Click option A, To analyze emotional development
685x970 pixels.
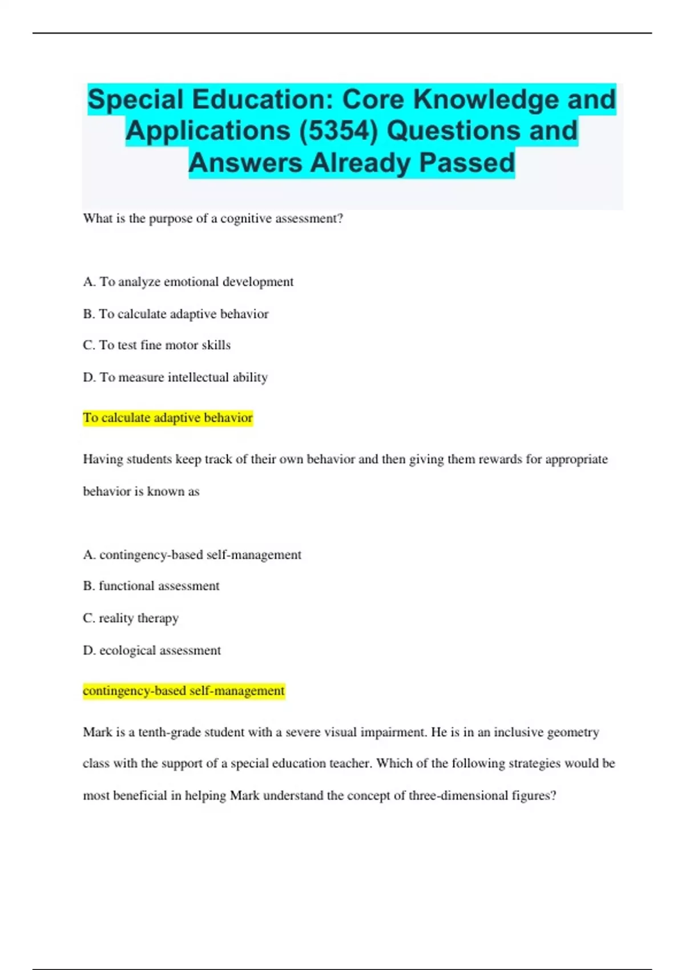pyautogui.click(x=188, y=282)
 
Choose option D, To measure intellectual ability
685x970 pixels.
pyautogui.click(x=175, y=377)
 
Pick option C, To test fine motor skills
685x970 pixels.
pyautogui.click(x=156, y=345)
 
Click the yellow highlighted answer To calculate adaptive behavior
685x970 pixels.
pyautogui.click(x=167, y=418)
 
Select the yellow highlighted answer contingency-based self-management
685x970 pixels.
pyautogui.click(x=183, y=690)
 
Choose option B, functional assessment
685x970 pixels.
pyautogui.click(x=151, y=586)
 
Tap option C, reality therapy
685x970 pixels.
pyautogui.click(x=131, y=618)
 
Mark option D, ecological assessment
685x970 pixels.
pyautogui.click(x=151, y=650)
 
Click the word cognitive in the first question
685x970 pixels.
pyautogui.click(x=246, y=219)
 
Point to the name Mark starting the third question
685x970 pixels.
pyautogui.click(x=98, y=732)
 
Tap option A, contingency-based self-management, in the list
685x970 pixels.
pyautogui.click(x=192, y=555)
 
